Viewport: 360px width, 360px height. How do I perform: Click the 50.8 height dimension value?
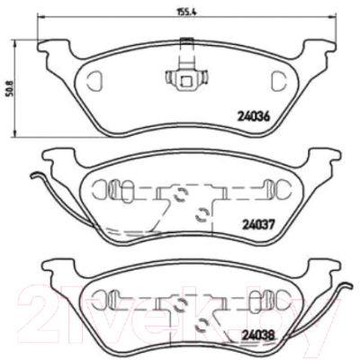[x=11, y=89]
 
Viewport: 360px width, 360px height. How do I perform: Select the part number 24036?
[x=254, y=116]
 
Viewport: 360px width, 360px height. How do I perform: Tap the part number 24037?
[x=258, y=224]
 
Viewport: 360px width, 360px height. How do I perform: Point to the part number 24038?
[x=258, y=335]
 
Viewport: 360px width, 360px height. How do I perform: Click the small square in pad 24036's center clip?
[x=186, y=81]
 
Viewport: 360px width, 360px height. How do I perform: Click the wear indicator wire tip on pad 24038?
[x=350, y=286]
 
